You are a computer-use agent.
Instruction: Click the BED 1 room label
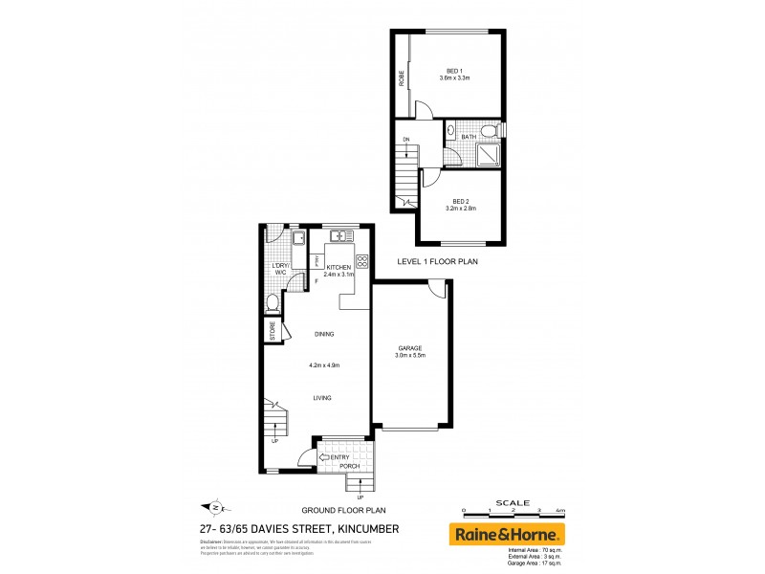454,71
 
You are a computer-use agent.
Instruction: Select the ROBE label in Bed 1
403,78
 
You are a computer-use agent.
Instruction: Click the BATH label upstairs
469,137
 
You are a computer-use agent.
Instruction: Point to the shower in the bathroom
489,155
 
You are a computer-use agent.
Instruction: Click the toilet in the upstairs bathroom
489,130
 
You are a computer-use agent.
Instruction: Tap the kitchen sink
340,235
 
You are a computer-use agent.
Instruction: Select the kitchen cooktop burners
362,261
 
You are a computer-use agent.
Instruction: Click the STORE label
273,332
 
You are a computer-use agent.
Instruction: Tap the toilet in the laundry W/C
273,303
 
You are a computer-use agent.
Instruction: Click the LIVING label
321,398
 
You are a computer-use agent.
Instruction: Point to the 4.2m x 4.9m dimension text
325,365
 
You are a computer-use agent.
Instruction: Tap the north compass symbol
215,507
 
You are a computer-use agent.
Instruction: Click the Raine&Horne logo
508,533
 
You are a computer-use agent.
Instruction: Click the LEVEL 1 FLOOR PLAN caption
437,260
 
